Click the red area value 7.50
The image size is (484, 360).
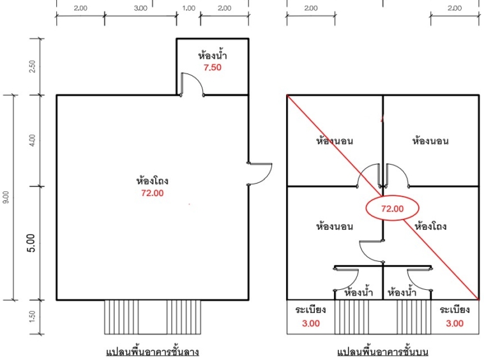(x=213, y=67)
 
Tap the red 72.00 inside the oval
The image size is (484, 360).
(x=392, y=209)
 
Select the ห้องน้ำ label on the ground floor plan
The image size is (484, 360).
(x=213, y=56)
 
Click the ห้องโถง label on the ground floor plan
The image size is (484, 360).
(x=152, y=180)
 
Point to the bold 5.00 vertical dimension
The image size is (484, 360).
(x=31, y=243)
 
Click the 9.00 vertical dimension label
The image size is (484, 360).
(x=6, y=197)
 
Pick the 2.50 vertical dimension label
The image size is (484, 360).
(x=32, y=66)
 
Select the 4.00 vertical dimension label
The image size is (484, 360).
(x=32, y=140)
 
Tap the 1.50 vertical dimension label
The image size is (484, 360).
(x=32, y=317)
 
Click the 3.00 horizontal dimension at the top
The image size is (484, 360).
(x=140, y=8)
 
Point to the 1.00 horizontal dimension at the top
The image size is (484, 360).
(x=188, y=8)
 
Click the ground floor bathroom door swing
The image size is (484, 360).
(x=192, y=84)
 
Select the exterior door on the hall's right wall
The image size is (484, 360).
(x=260, y=174)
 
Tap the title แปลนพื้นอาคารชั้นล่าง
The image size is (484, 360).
(x=153, y=352)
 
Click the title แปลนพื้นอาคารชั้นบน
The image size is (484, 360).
(x=382, y=352)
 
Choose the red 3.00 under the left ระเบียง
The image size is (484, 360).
(x=311, y=323)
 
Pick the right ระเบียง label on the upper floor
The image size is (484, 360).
(x=455, y=309)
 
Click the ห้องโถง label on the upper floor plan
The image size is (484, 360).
(x=430, y=226)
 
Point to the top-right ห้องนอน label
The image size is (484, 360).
(x=430, y=141)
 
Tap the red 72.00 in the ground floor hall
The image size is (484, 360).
(x=152, y=193)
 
